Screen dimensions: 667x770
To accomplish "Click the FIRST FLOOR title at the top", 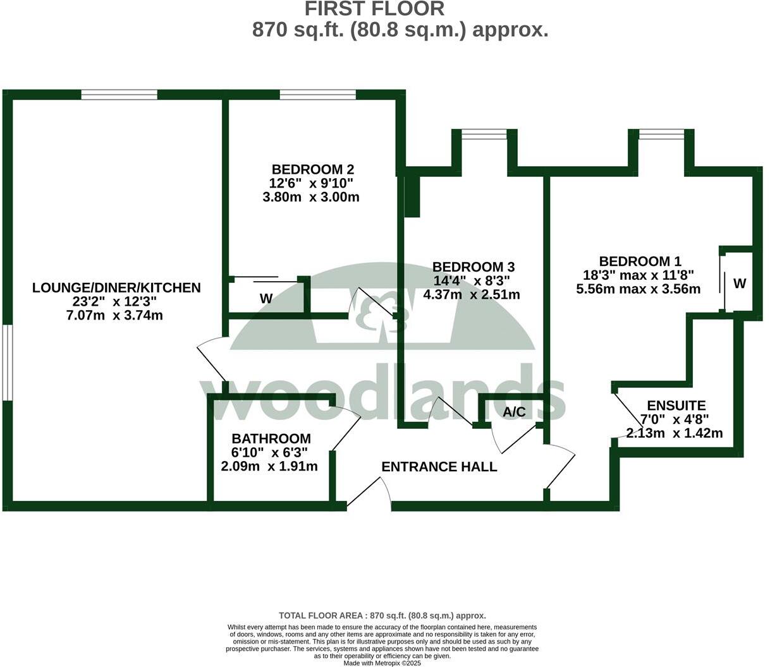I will point(374,9).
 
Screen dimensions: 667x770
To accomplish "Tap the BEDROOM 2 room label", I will point(312,169).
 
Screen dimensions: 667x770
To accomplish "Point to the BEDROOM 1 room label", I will point(640,261).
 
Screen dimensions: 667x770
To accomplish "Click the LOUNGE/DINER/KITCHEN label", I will point(116,288).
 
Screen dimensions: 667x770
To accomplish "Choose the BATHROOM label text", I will point(271,438).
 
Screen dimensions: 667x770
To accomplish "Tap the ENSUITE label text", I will point(676,406).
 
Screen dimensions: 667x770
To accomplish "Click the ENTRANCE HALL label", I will point(439,467).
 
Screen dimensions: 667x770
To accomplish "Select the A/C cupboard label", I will point(514,412).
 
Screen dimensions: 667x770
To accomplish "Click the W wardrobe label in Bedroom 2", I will point(266,299).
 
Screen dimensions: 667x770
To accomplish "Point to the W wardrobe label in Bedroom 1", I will point(739,284).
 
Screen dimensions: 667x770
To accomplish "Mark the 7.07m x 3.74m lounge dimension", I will point(114,315).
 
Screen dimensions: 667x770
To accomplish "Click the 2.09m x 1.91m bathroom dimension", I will point(269,467).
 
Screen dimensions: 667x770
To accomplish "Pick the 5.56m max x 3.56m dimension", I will point(639,289).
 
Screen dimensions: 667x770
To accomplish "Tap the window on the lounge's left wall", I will point(7,363).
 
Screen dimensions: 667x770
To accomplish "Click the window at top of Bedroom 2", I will point(317,95).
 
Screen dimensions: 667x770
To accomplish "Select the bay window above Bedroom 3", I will point(484,134).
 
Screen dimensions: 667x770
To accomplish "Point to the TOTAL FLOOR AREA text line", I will point(382,615).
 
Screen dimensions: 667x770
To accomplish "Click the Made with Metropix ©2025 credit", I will point(382,663).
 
